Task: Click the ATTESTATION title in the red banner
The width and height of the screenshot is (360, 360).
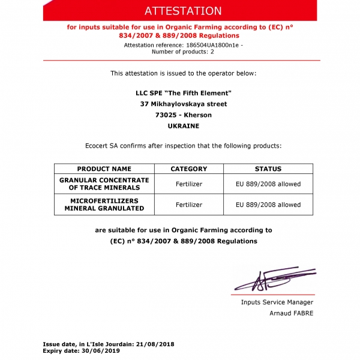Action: coord(183,11)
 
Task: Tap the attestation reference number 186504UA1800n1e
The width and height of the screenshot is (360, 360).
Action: coord(207,45)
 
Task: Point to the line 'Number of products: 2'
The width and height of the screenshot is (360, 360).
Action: coord(183,52)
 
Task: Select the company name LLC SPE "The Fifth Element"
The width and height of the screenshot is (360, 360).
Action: coord(183,92)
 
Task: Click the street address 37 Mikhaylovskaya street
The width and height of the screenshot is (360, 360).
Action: coord(183,104)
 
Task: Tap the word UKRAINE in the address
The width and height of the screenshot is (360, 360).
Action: coord(183,126)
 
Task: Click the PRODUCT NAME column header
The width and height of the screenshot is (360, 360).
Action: coord(104,169)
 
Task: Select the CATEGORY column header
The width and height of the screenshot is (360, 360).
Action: coord(189,169)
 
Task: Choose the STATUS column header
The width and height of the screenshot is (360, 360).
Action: coord(268,169)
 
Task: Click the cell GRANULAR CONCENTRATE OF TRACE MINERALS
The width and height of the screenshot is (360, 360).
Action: coord(104,184)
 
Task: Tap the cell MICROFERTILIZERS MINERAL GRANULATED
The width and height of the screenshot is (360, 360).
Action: coord(104,205)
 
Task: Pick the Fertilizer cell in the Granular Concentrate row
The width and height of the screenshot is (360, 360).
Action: coord(189,184)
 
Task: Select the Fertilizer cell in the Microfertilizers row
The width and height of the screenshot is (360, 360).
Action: coord(189,205)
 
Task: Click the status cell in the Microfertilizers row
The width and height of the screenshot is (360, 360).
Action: coord(268,205)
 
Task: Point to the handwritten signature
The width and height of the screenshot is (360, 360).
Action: coord(273,279)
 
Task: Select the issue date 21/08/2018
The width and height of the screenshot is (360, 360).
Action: coord(158,344)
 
